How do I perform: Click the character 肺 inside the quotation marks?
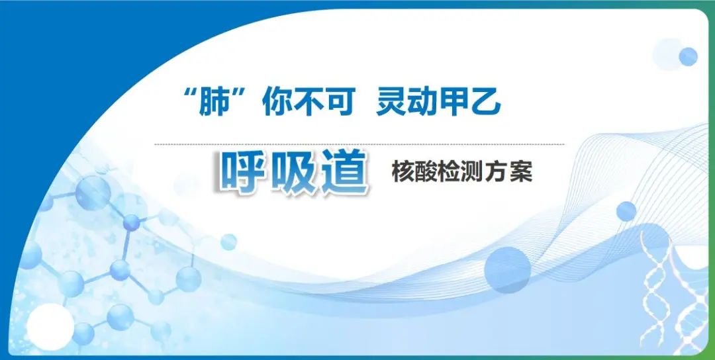point(214,103)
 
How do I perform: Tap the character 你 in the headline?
point(277,103)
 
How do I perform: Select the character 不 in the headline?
point(309,103)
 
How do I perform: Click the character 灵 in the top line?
point(391,103)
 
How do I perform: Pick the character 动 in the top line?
point(422,103)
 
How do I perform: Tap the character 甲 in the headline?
point(454,103)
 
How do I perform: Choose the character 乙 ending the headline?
point(486,103)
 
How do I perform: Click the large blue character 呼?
point(242,173)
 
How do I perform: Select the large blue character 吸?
point(292,173)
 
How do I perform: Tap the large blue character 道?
point(343,173)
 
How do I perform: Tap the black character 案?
point(521,173)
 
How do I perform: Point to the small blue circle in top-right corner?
point(688,57)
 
